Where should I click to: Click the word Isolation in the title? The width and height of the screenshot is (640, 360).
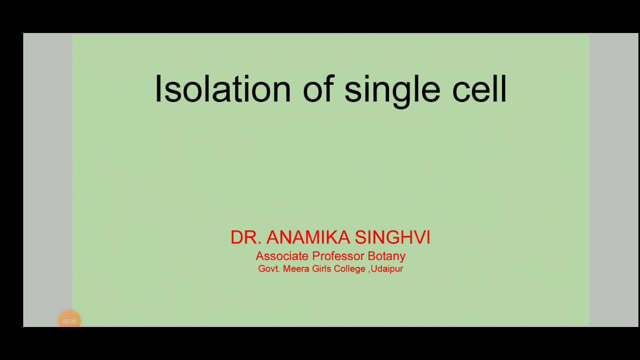[x=222, y=89]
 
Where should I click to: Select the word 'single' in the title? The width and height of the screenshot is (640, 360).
[x=392, y=90]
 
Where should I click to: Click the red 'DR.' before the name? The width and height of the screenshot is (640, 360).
[x=245, y=237]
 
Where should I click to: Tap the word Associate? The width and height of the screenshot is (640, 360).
[x=282, y=256]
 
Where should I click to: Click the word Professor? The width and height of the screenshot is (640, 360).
[x=338, y=256]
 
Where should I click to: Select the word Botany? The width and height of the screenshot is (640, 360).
[x=386, y=256]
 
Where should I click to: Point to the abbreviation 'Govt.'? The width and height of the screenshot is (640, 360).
[x=269, y=269]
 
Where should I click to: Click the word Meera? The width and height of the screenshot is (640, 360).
[x=296, y=269]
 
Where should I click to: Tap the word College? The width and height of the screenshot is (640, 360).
[x=352, y=269]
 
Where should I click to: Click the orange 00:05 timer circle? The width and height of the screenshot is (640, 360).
[x=69, y=321]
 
